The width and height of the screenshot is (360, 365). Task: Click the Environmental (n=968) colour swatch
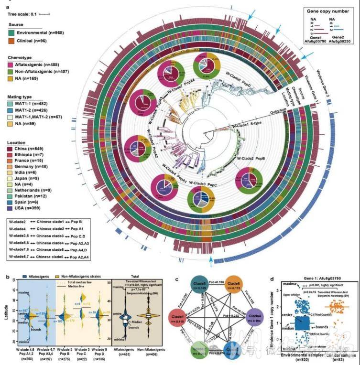(12, 32)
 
